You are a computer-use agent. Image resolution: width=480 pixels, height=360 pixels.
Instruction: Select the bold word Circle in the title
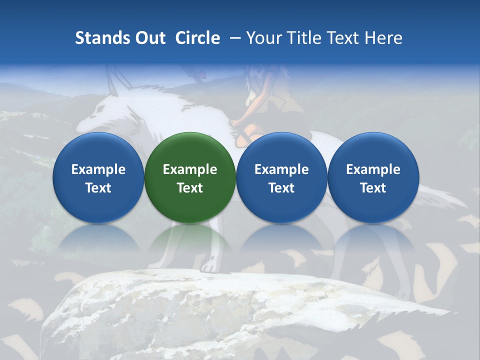pos(197,38)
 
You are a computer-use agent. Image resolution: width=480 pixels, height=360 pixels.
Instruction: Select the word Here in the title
pos(383,38)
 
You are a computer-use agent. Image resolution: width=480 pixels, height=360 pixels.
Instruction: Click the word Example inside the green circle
pos(190,169)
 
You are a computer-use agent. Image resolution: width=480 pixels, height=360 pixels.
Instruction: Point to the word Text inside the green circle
pos(190,188)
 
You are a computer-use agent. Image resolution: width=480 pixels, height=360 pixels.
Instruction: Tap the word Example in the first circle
pos(98,169)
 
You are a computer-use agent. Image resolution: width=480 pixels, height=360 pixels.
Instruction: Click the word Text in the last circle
pos(373,188)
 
